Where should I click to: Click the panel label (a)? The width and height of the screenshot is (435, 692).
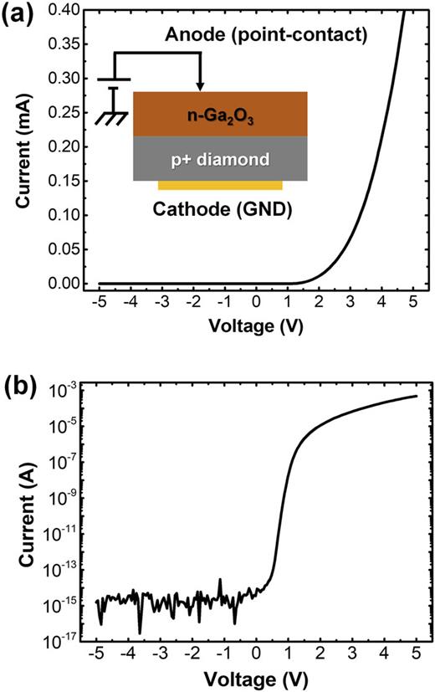coord(18,15)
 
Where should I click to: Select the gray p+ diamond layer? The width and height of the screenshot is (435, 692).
coord(220,159)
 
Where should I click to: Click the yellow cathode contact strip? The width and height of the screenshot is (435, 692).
coord(220,184)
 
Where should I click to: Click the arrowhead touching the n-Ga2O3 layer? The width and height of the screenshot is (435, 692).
coord(199,86)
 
